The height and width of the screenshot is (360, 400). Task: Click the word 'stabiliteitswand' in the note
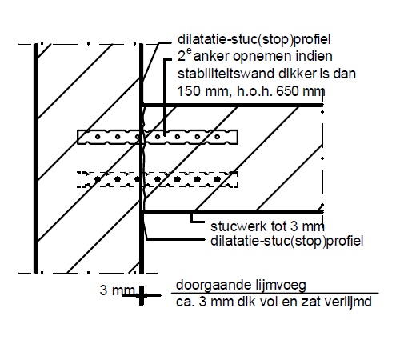tap(228, 74)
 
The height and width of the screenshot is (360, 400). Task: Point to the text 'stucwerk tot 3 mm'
tap(267, 226)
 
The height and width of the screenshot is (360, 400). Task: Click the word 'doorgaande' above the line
tap(210, 286)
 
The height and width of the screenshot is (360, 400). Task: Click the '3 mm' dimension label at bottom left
tap(117, 290)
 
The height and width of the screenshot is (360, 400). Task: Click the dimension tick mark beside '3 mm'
tap(142, 295)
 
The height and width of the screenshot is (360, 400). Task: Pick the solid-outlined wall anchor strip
tap(158, 137)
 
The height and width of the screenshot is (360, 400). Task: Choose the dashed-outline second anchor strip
tap(158, 179)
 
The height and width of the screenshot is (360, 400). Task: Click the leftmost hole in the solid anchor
tap(98, 137)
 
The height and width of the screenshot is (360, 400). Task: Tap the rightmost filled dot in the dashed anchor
tap(218, 179)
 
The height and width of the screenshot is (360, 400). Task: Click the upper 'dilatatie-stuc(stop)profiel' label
tap(254, 39)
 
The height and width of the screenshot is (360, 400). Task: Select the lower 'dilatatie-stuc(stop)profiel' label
tap(287, 241)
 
